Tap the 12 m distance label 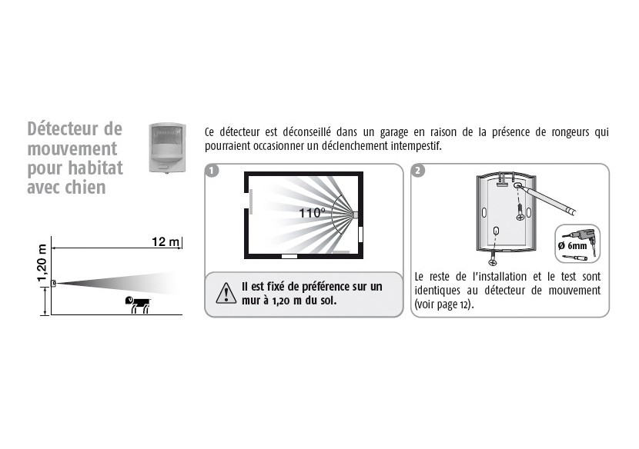pos(166,242)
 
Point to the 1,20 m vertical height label pos(42,263)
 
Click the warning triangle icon pos(226,293)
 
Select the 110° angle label pos(312,212)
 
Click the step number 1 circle pos(212,170)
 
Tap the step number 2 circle pos(418,170)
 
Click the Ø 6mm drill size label pos(573,245)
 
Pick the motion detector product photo pos(167,148)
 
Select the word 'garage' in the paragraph pos(394,133)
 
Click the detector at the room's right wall pos(355,215)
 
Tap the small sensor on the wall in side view pos(53,284)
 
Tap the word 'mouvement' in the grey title pos(72,149)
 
